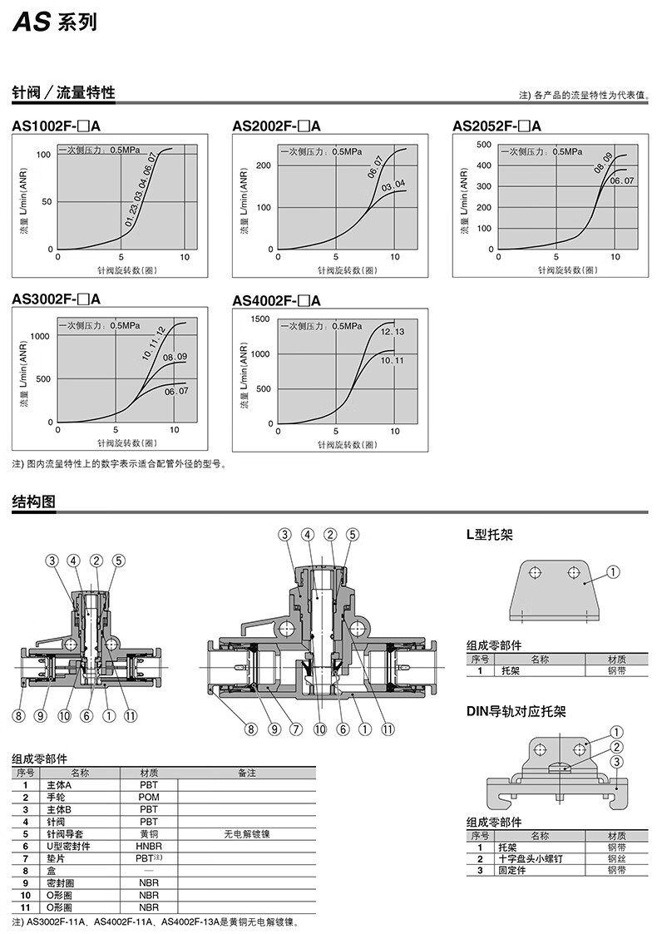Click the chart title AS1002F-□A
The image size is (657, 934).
pos(57,126)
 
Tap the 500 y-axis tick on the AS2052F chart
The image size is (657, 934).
pos(483,144)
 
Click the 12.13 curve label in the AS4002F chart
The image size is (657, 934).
pos(393,332)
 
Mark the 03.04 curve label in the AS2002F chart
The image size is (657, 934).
pos(393,185)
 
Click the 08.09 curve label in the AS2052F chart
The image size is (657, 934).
pos(603,162)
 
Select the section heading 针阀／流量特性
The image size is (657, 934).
pos(63,92)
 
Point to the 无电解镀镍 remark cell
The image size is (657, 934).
pos(247,833)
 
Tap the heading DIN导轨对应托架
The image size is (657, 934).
pos(516,712)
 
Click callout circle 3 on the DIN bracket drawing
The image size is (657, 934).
pos(616,762)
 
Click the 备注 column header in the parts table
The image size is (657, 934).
pos(247,773)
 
